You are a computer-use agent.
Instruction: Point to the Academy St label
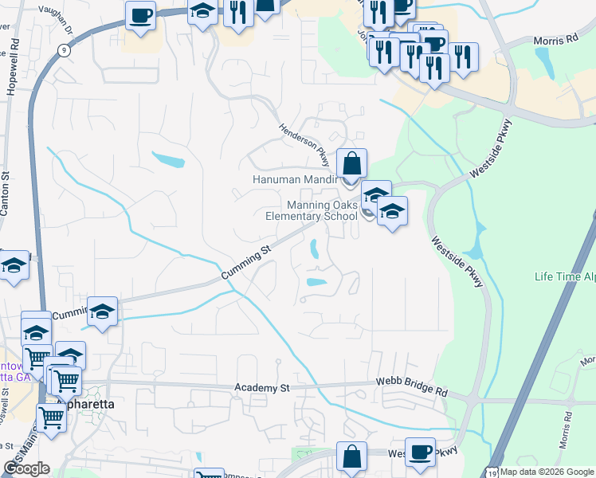(x=262, y=388)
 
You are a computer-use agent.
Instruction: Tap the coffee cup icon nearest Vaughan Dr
(x=141, y=15)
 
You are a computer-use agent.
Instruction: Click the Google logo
(x=26, y=468)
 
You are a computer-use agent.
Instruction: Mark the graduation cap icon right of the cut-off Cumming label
(x=102, y=311)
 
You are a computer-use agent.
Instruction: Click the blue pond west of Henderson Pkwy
(x=168, y=161)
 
